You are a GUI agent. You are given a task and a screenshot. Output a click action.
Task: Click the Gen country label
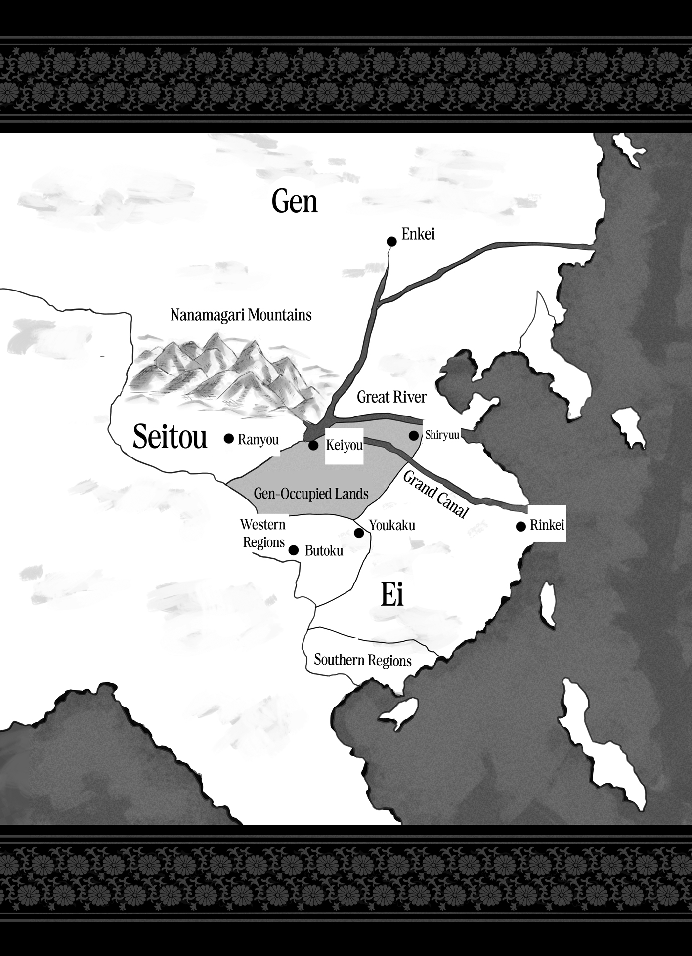pos(295,202)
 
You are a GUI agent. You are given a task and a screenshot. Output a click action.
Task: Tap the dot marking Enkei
pos(391,241)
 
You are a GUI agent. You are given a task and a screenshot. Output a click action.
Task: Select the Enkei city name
pos(418,234)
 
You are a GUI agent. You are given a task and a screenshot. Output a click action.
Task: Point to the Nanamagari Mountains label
pos(241,315)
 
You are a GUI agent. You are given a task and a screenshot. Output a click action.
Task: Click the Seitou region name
pos(170,437)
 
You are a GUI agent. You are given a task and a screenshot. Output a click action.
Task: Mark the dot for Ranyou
pos(228,438)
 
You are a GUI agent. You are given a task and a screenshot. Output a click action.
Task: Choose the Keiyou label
pos(345,446)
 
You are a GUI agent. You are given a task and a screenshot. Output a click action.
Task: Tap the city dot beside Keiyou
pos(313,445)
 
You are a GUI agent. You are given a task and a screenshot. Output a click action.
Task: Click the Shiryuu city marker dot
pos(414,436)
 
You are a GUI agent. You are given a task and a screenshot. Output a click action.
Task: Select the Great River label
pos(391,397)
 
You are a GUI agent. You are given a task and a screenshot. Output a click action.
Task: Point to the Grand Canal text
pos(435,495)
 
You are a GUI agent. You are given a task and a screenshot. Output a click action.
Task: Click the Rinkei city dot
pos(520,527)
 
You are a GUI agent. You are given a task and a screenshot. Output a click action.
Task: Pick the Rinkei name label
pos(547,525)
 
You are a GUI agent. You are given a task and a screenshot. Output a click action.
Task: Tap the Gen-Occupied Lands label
pos(311,493)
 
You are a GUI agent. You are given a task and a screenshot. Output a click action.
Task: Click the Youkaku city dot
pos(359,533)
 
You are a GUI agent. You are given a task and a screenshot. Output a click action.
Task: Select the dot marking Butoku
pos(294,550)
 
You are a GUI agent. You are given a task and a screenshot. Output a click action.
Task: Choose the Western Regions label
pos(263,533)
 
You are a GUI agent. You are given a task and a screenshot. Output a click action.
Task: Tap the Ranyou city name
pos(258,440)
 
